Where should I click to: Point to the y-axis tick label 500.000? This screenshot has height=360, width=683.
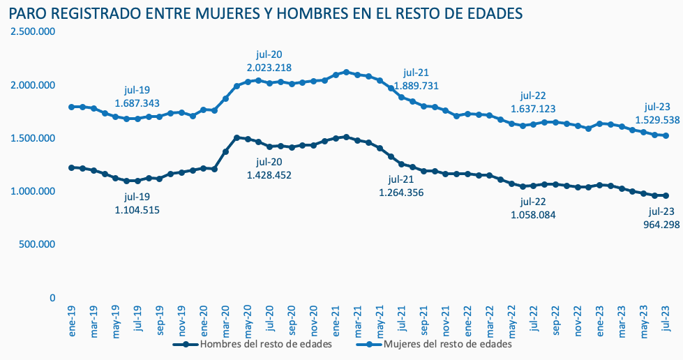[37, 244]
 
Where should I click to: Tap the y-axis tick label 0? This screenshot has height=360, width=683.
[52, 298]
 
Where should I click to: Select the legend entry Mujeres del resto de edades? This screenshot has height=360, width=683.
[444, 345]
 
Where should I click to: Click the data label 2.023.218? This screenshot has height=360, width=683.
[269, 68]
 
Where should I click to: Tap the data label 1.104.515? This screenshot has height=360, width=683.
[137, 209]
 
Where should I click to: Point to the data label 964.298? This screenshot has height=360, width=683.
[661, 224]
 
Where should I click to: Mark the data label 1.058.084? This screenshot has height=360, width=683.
[533, 215]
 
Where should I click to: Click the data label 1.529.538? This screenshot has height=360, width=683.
[658, 120]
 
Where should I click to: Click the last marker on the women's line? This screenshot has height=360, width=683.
[666, 136]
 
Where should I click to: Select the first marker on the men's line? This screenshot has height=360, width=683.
[72, 167]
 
